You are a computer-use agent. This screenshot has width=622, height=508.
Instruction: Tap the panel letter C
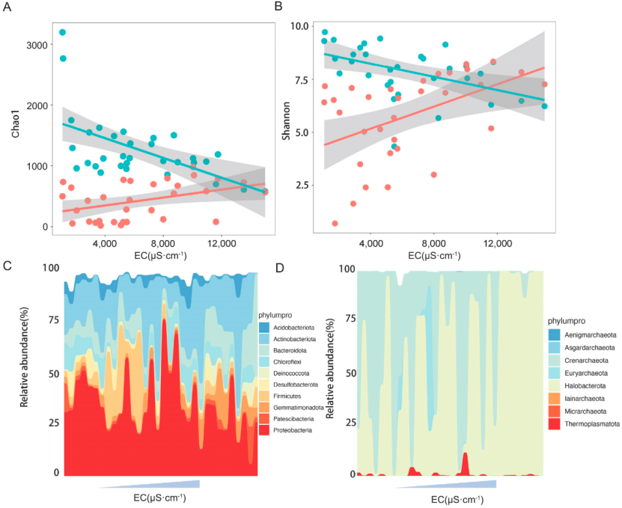(x=7, y=265)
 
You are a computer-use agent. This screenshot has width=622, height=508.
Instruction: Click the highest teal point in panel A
(x=63, y=32)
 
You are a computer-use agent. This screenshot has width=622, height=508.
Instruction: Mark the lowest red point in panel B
(x=335, y=223)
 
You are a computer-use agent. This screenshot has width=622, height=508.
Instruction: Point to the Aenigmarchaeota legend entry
(x=589, y=334)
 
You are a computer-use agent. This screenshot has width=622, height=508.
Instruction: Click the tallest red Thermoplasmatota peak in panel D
(x=465, y=457)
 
